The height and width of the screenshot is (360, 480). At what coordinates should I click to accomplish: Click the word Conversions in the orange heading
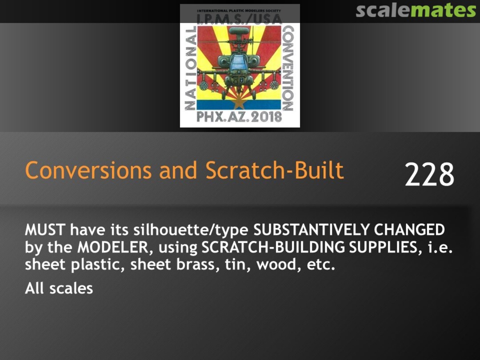tap(88, 170)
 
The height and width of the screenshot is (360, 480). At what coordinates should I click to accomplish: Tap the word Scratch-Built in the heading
tap(275, 170)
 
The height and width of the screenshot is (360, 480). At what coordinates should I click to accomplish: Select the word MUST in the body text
tap(45, 230)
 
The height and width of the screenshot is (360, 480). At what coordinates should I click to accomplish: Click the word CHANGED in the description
tap(410, 230)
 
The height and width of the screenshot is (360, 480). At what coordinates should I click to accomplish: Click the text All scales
tap(59, 288)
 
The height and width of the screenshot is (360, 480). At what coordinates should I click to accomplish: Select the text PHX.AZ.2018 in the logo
tap(239, 116)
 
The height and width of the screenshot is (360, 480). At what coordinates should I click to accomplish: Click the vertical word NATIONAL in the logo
tap(190, 68)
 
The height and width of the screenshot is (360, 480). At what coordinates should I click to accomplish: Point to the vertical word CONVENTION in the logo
tap(288, 68)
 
